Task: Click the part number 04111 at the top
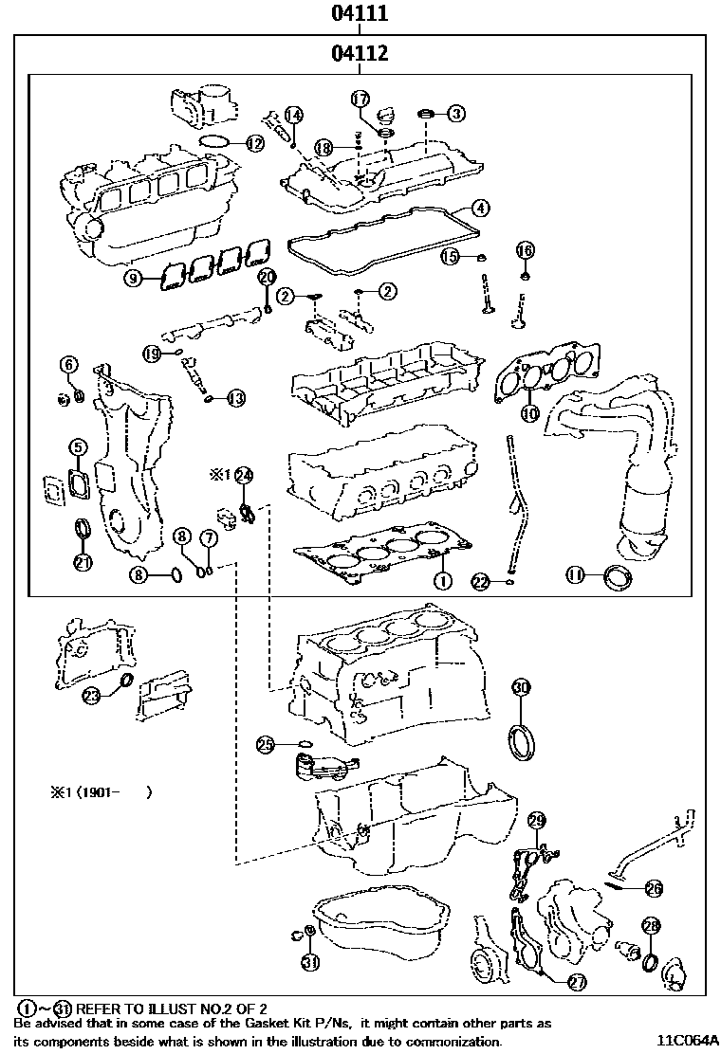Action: click(x=360, y=14)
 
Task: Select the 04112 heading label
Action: click(x=360, y=54)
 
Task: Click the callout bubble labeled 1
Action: click(x=441, y=578)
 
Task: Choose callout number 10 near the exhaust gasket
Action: click(x=529, y=413)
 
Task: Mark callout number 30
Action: click(x=521, y=687)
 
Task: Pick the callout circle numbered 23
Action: click(x=91, y=696)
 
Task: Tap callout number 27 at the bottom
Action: click(x=576, y=983)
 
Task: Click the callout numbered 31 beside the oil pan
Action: click(x=310, y=963)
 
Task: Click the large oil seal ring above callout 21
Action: click(x=83, y=527)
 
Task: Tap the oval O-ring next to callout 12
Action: click(x=215, y=143)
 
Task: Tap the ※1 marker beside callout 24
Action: click(x=219, y=473)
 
